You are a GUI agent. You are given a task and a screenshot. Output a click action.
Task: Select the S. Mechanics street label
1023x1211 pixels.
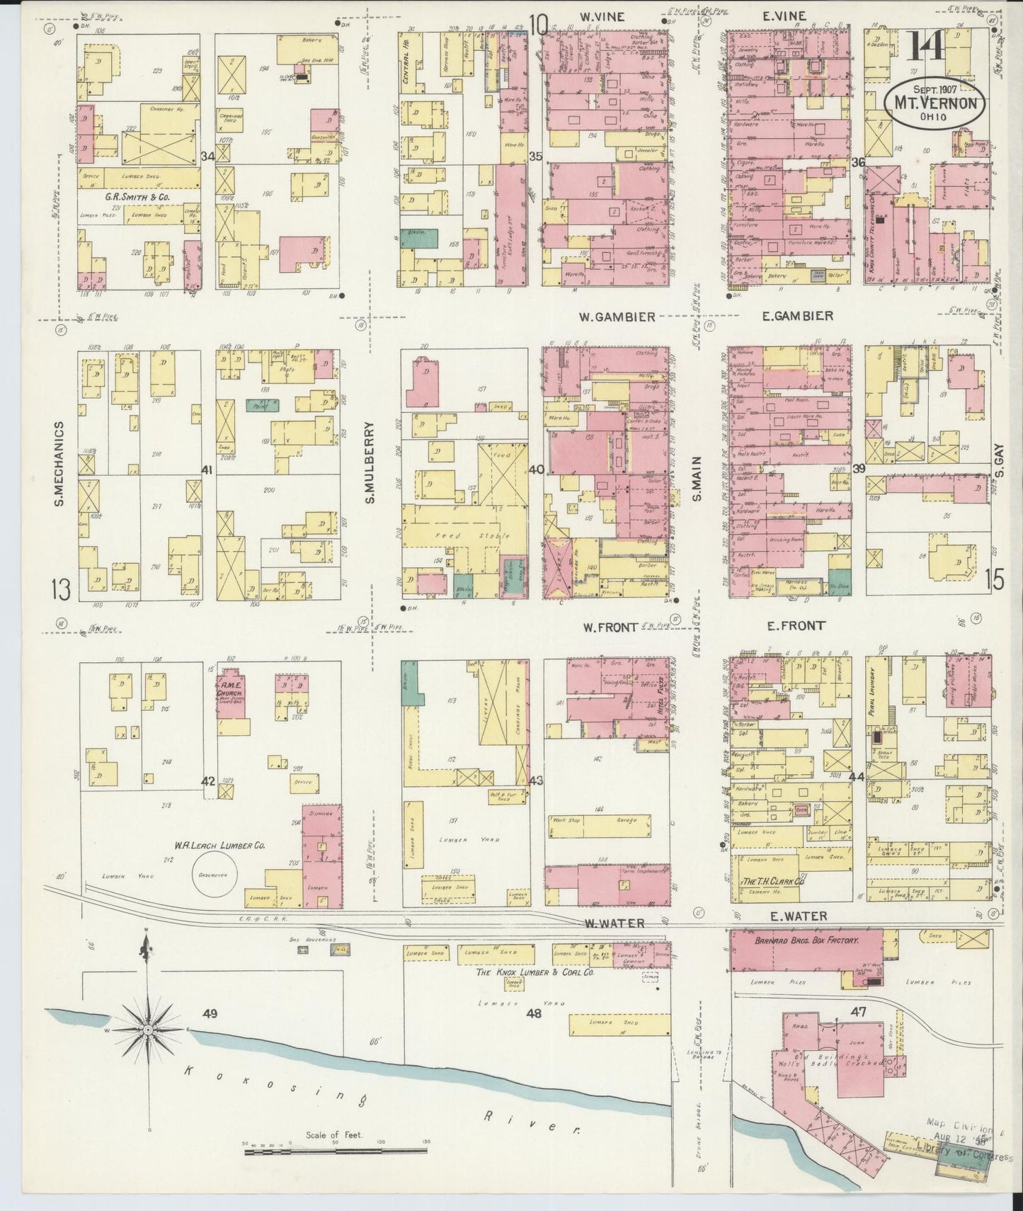tap(59, 463)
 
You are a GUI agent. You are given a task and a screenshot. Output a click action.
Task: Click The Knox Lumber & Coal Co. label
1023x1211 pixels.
tap(535, 972)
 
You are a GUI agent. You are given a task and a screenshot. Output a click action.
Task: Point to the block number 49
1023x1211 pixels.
tap(210, 1014)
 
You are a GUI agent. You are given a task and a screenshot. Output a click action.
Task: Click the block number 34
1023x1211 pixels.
tap(207, 156)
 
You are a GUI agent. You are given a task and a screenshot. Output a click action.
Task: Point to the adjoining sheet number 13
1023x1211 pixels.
tap(61, 589)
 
